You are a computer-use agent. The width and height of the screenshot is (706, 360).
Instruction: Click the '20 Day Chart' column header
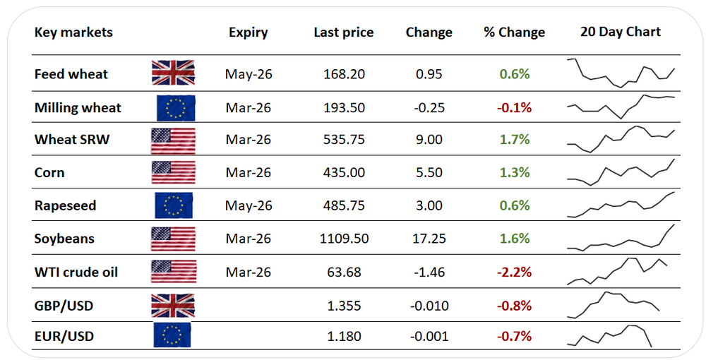coord(620,32)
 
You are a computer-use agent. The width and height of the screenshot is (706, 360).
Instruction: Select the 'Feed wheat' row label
coord(71,74)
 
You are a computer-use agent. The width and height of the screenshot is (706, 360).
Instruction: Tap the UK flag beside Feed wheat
coord(173,73)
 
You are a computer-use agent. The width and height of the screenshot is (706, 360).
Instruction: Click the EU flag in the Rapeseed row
coord(174,205)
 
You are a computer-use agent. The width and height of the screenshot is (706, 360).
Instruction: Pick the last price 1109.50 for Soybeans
coord(344,239)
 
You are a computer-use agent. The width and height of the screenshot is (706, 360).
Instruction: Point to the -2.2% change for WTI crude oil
coord(514,272)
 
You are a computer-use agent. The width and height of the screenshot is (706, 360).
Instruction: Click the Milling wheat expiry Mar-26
coord(249,107)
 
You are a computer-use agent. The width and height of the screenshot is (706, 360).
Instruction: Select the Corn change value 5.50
coord(429,172)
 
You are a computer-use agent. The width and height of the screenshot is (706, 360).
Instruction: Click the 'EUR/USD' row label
coord(64,337)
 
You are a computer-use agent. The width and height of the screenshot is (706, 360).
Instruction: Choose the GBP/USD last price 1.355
coord(344,306)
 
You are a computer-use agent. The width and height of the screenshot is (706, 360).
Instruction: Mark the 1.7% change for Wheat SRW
coord(515,140)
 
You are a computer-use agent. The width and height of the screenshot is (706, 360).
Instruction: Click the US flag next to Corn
coord(173,172)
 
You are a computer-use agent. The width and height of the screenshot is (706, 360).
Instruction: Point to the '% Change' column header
coord(514,32)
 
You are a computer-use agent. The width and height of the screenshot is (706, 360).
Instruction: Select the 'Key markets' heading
coord(73,32)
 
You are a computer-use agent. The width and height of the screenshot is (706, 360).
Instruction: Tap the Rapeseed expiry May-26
coord(249,205)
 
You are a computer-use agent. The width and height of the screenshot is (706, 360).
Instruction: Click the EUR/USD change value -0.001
coord(429,337)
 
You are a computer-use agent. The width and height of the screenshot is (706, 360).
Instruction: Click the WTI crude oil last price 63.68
coord(344,272)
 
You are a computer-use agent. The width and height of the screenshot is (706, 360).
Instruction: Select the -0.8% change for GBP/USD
coord(514,306)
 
